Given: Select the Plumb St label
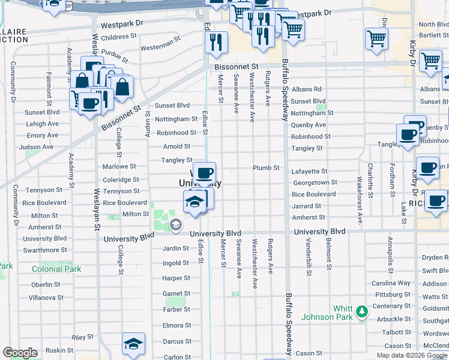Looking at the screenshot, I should pos(266,168).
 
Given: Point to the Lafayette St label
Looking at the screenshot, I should pos(309,172).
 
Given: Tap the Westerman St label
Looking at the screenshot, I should pos(160,46).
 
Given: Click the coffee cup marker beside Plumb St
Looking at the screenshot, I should pos(204,173).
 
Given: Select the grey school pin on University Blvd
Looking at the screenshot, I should pos(175,225).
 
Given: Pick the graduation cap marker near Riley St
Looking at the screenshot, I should pos(133,344).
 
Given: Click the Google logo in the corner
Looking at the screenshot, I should pos(20,353).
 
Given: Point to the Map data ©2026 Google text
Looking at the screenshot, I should pos(411,355).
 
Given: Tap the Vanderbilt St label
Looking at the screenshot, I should pos(308,256).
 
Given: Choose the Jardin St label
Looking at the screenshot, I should pos(176,248).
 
